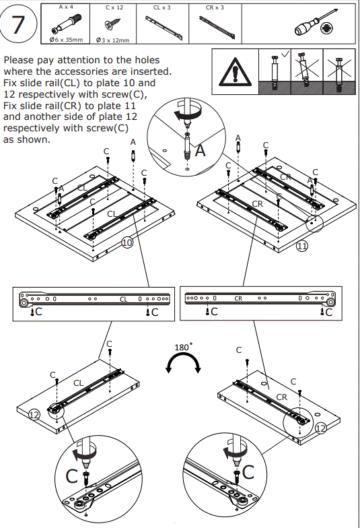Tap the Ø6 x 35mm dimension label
[66, 40]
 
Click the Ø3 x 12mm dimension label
[113, 40]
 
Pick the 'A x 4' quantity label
[66, 7]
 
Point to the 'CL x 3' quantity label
[161, 7]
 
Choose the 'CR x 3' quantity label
[215, 7]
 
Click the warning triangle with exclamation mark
[235, 72]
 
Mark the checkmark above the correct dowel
[285, 54]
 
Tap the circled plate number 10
[128, 242]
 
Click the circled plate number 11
[301, 246]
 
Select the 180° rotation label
[183, 347]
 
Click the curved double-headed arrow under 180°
[183, 358]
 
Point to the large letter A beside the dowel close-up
[201, 150]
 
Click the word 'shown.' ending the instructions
[27, 139]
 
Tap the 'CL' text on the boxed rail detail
[124, 299]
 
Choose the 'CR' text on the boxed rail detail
[238, 298]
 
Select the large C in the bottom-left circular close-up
[71, 477]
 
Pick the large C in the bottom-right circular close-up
[248, 472]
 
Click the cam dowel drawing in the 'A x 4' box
[65, 24]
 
